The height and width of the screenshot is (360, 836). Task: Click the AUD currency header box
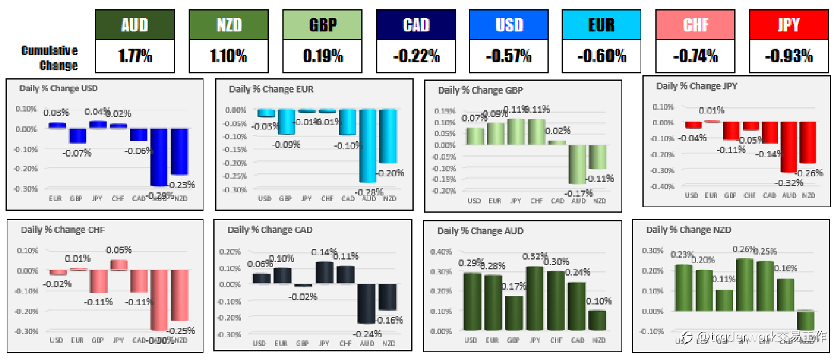coord(135,25)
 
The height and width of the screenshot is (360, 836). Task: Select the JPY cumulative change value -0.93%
coord(789,57)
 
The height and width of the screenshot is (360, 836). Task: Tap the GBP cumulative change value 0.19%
coord(322,57)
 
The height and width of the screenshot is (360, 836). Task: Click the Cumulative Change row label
coord(50,58)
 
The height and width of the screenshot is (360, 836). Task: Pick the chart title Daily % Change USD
coord(58,89)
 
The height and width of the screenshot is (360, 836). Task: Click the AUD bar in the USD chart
coord(160,157)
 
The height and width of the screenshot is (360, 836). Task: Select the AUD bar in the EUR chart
coord(368,145)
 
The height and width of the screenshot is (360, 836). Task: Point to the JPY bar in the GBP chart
coord(516,131)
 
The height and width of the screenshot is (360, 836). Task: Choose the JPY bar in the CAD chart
coord(324,272)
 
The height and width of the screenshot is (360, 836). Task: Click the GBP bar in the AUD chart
coord(514,313)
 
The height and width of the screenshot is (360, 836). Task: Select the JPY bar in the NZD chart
coord(745,285)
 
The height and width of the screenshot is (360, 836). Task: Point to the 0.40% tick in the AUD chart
coord(444,252)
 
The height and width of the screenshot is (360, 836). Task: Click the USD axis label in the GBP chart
coord(474,201)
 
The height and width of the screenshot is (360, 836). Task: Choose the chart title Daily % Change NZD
coord(688,229)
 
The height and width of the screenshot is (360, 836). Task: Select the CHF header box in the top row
coord(695,25)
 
